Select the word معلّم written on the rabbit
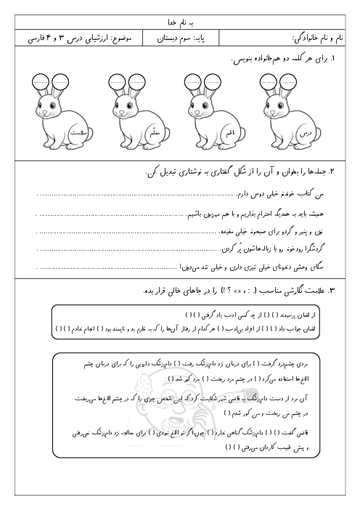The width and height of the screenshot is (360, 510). coord(153,136)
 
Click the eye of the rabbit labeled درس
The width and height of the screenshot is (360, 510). coord(275,111)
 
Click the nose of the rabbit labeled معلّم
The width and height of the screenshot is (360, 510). coord(118,116)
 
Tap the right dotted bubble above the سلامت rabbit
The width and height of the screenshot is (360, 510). coord(60,81)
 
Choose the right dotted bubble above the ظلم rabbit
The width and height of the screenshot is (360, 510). coord(213,81)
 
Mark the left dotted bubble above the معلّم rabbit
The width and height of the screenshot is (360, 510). coord(118,81)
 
